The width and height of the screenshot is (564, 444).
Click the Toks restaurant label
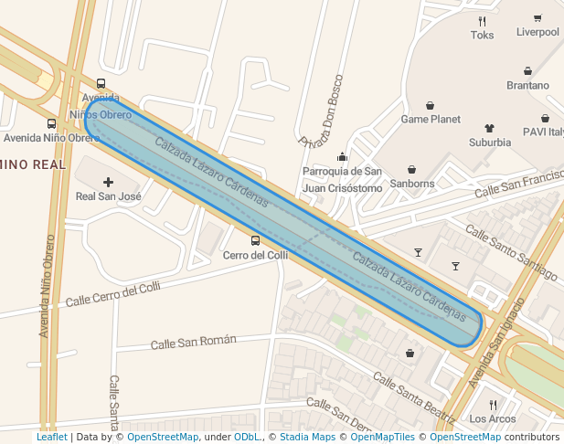pos(482,36)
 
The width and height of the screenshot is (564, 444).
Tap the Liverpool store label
pos(537,32)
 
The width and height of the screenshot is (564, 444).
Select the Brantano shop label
pos(527,85)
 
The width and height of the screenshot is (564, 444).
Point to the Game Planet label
pos(431,119)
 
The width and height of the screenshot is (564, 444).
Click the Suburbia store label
pos(490,142)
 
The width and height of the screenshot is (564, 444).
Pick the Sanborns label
pos(412,183)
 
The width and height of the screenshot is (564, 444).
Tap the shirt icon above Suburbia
pos(489,129)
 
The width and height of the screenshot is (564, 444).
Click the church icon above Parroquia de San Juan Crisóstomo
pos(342,156)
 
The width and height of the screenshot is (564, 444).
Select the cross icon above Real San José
pos(109,182)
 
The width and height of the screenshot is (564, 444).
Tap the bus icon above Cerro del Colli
pos(255,241)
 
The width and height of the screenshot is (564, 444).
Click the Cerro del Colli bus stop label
pos(255,255)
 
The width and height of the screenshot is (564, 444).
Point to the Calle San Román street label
pos(193,342)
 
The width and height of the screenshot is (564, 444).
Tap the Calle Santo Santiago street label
pos(511,253)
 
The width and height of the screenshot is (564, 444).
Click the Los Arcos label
pos(492,418)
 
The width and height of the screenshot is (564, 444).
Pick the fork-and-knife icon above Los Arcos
pos(492,405)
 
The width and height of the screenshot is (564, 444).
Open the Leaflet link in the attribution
pos(51,437)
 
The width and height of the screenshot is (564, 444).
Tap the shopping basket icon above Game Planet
pos(430,105)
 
